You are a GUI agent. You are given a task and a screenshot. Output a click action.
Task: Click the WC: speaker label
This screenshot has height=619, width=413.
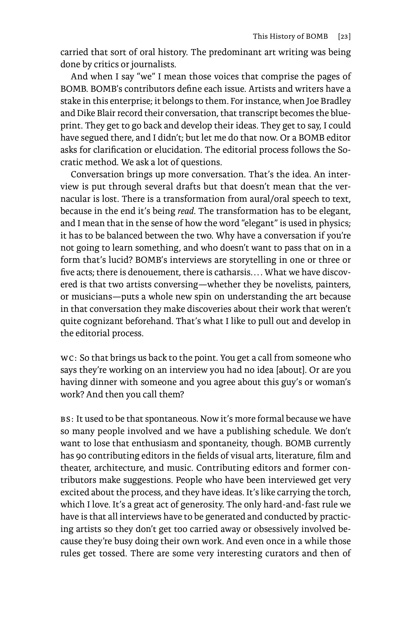pyautogui.click(x=68, y=358)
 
